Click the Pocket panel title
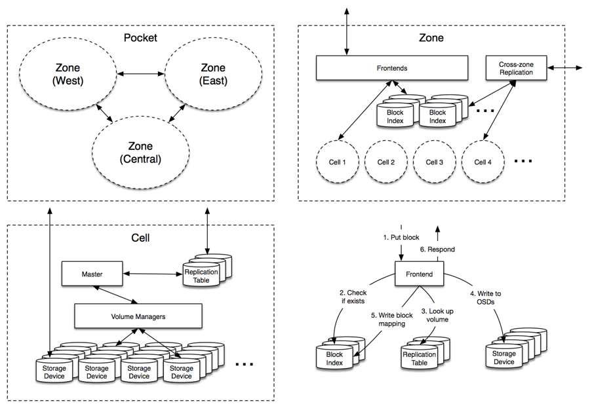click(x=141, y=37)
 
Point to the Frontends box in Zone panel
click(x=392, y=67)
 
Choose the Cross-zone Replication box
click(x=517, y=68)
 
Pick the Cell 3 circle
click(x=435, y=162)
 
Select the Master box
click(x=92, y=274)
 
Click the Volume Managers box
click(x=138, y=316)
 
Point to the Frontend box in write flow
click(x=420, y=274)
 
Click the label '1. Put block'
click(x=401, y=237)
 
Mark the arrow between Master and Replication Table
click(x=152, y=274)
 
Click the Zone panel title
click(x=431, y=37)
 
